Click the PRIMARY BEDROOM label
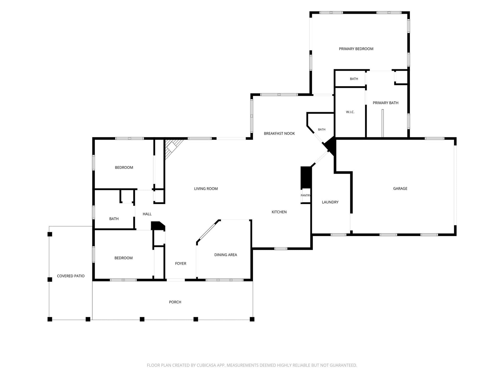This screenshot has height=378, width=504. (356, 49)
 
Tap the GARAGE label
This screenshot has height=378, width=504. (400, 188)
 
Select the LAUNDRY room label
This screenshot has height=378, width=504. (330, 202)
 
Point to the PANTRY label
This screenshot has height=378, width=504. (306, 195)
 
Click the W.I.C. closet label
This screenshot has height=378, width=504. (350, 112)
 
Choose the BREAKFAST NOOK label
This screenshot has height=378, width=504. (279, 134)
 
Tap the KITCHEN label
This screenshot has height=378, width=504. (279, 212)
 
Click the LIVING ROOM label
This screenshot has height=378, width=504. (206, 189)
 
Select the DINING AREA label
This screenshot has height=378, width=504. (225, 255)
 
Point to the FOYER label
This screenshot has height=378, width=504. (181, 264)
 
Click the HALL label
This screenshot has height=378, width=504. (147, 214)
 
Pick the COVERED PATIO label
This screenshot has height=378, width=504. (71, 276)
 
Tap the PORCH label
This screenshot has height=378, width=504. (175, 302)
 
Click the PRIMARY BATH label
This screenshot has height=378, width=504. (385, 103)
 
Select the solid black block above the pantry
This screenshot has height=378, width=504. (306, 177)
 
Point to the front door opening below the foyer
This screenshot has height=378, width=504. (176, 280)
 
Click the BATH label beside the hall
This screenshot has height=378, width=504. (114, 219)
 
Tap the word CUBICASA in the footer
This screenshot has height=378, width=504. (207, 365)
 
